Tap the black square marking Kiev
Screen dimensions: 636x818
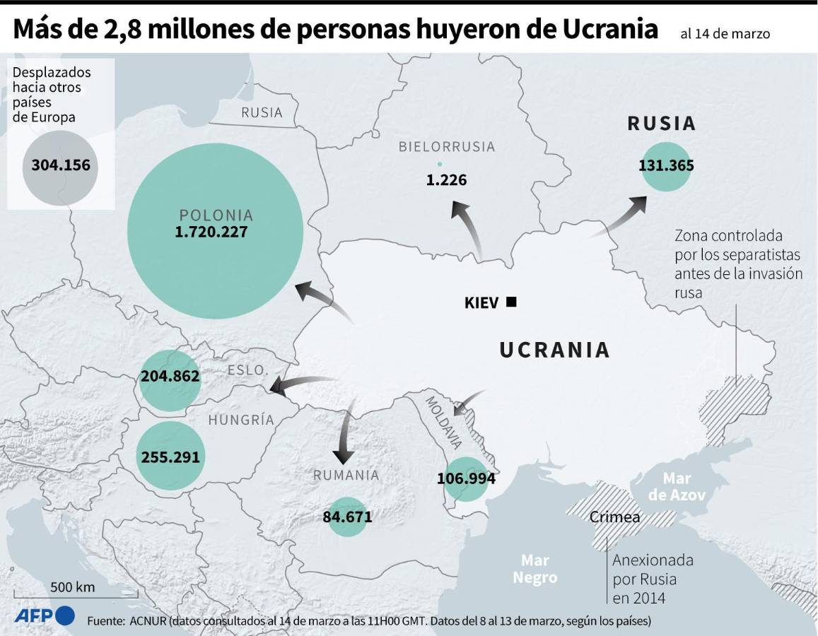point(512,302)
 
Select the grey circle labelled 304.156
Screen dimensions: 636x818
point(60,166)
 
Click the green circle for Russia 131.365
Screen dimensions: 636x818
point(666,166)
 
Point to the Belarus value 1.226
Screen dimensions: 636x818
point(446,180)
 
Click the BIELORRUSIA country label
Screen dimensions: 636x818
point(446,147)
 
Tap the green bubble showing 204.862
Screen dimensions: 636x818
point(170,377)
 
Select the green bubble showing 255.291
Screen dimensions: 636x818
point(170,457)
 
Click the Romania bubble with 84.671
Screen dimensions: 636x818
point(347,517)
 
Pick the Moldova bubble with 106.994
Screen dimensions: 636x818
point(466,479)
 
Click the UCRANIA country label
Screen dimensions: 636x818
point(554,350)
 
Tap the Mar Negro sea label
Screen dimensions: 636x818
point(535,569)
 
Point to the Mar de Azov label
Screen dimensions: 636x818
point(677,486)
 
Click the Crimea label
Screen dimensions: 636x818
point(614,517)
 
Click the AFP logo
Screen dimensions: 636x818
point(45,615)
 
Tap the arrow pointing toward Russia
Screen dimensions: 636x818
point(622,216)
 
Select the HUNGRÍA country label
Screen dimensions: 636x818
point(240,420)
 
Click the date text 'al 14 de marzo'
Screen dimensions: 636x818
point(725,33)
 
